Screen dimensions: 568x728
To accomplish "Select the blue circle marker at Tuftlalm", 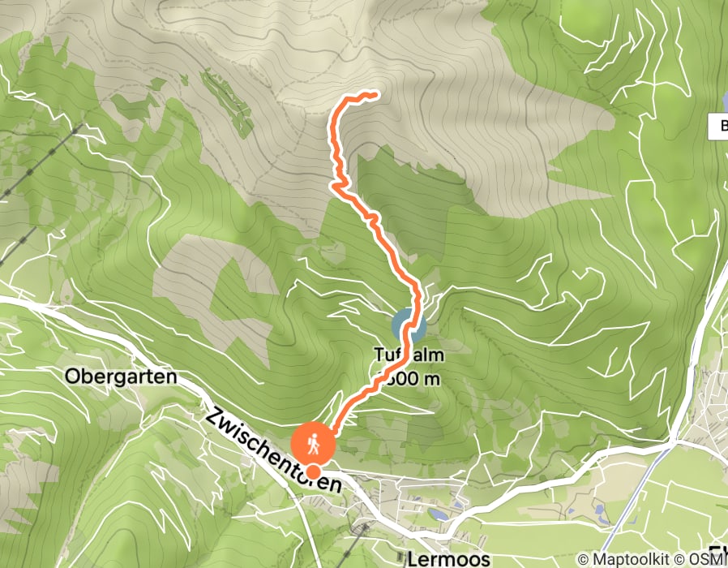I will (409, 328).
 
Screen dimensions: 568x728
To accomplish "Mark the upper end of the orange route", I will (375, 94).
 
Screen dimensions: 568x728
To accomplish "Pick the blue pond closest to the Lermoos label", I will (439, 514).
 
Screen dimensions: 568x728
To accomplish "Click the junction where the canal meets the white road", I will (673, 445).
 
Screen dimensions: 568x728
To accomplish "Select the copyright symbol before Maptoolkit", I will (583, 559).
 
